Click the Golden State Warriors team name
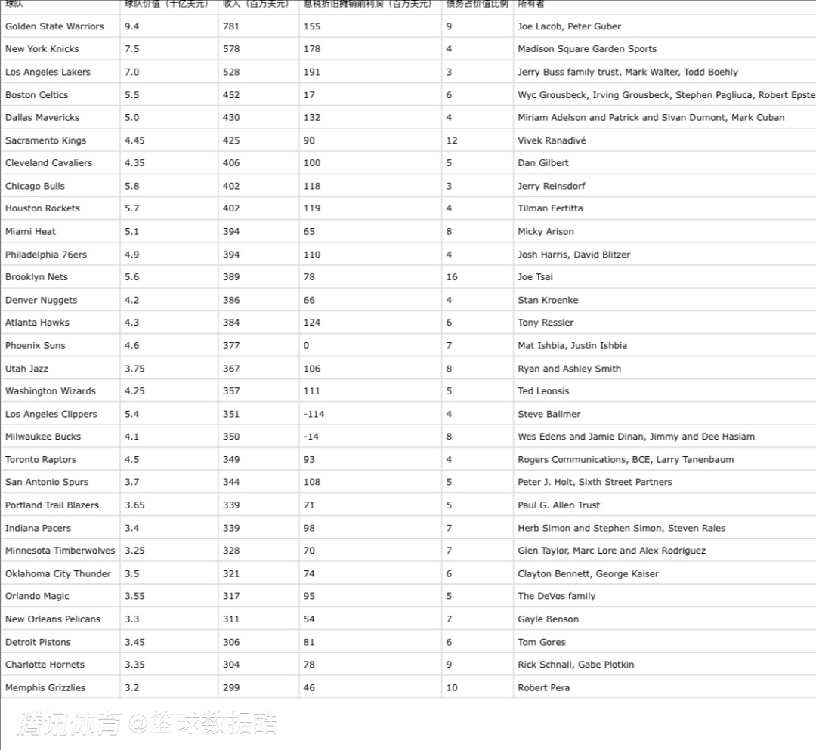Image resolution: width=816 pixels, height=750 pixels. [54, 26]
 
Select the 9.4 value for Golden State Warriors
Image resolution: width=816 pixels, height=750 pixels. [132, 26]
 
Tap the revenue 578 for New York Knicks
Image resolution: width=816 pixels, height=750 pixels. [231, 49]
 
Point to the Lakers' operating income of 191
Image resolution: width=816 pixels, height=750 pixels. [311, 73]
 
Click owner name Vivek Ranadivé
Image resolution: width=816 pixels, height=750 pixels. [552, 140]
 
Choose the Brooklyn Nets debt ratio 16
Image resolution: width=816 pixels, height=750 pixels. [452, 277]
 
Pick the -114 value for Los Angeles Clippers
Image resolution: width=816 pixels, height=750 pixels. [314, 414]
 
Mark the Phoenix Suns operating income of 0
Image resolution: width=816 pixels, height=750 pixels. [306, 346]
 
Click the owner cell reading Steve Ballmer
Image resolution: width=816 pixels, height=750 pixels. [549, 414]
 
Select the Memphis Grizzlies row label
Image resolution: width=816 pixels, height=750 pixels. [45, 688]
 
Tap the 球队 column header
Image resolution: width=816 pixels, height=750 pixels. [14, 5]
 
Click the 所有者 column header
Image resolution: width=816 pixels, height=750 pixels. [530, 5]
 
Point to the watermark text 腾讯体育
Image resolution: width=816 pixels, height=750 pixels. [69, 724]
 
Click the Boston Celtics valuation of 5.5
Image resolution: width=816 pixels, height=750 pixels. [132, 95]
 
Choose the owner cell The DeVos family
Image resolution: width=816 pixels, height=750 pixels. [556, 596]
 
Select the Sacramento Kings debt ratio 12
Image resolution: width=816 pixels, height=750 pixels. [452, 140]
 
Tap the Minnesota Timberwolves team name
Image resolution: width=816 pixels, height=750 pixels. [60, 551]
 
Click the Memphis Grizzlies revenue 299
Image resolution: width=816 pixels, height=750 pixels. [231, 688]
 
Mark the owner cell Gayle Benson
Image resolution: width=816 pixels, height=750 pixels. [548, 619]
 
